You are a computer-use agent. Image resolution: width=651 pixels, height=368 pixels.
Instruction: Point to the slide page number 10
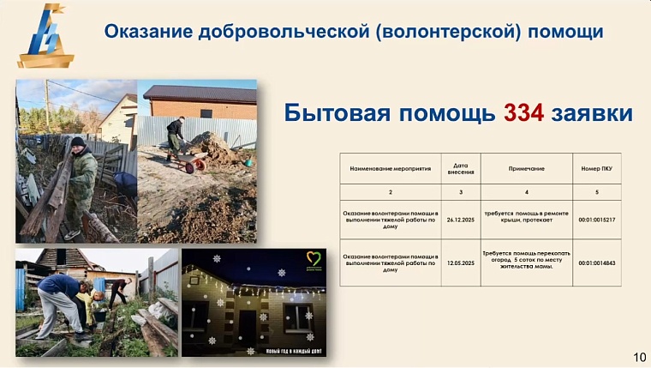click(x=639, y=356)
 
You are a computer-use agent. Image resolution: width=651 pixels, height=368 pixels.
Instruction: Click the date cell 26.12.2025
click(x=461, y=220)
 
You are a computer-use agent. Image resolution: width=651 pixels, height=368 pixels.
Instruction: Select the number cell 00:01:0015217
click(x=597, y=220)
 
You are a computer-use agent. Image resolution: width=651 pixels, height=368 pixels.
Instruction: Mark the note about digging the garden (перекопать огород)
click(x=526, y=260)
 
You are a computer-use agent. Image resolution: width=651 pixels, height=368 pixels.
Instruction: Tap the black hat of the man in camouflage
click(x=78, y=142)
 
